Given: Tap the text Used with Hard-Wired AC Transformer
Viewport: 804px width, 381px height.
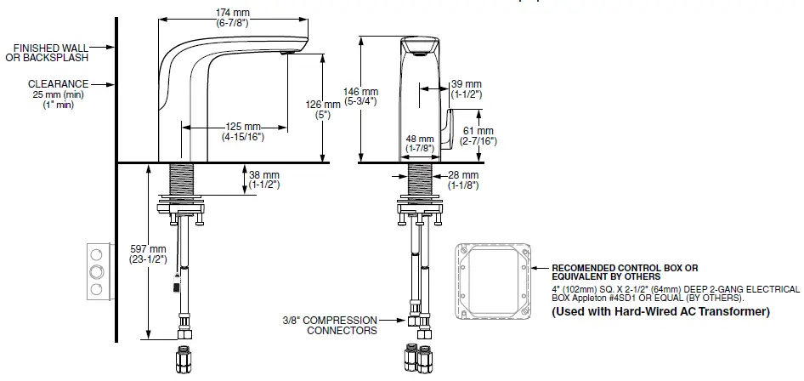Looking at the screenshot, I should [x=661, y=312].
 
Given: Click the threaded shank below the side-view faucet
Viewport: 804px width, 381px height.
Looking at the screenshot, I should [x=184, y=180].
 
